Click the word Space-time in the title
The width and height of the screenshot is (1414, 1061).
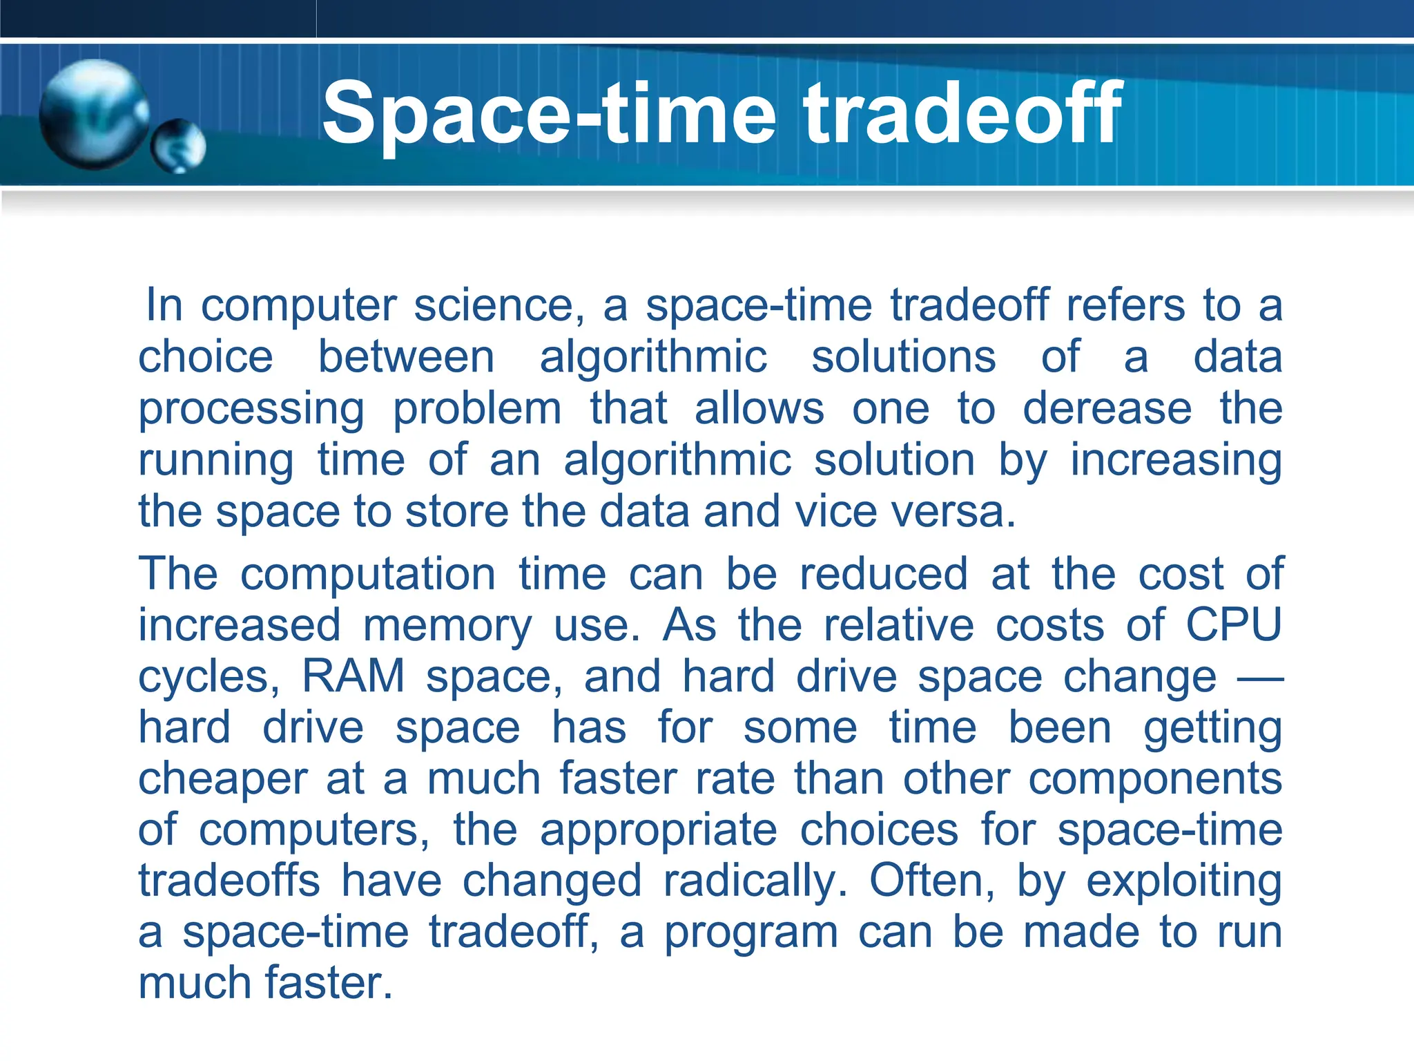coord(549,114)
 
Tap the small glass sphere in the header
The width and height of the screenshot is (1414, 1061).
coord(179,146)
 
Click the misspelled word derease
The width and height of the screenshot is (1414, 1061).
coord(1107,408)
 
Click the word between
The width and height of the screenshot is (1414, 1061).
coord(406,357)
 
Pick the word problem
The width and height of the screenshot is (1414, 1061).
coord(477,410)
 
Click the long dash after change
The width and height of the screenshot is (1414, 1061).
coord(1260,678)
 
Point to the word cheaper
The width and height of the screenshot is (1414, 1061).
coord(222,780)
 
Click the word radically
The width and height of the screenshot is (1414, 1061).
coord(755,881)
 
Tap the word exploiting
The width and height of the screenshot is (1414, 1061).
coord(1183,882)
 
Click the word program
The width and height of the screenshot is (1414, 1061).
coord(751,933)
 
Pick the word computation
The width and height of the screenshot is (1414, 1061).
coord(368,574)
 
